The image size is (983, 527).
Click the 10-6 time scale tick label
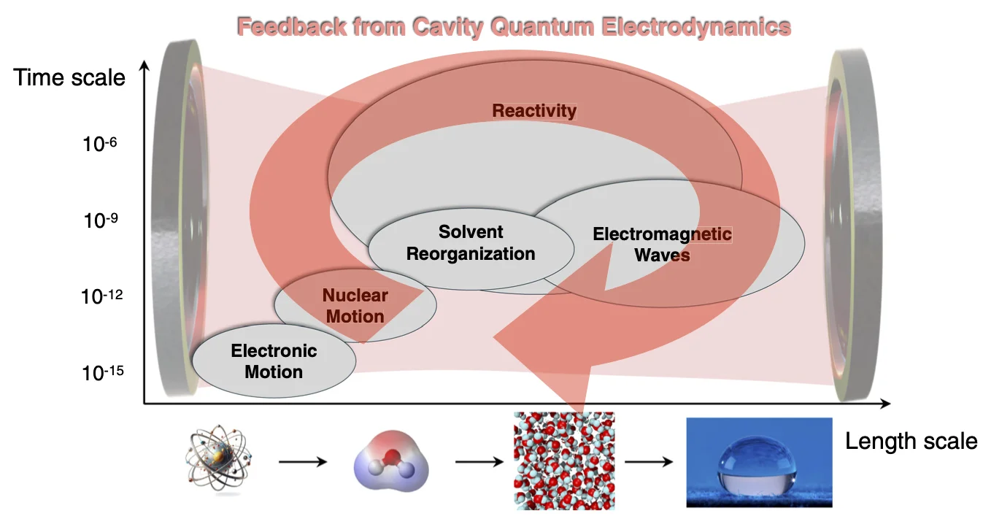100,144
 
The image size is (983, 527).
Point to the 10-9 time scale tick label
100,220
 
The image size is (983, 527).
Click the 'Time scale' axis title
70,77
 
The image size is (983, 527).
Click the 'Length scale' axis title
911,441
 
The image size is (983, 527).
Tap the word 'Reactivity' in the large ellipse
534,111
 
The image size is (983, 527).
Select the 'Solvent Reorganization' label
471,243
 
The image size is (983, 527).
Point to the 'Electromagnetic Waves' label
662,245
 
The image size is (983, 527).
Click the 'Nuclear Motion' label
355,306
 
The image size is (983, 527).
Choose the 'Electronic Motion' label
274,361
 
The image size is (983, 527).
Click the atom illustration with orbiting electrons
218,461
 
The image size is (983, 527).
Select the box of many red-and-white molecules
564,461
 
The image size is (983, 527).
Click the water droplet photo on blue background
759,462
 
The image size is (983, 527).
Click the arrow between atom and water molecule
303,462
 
